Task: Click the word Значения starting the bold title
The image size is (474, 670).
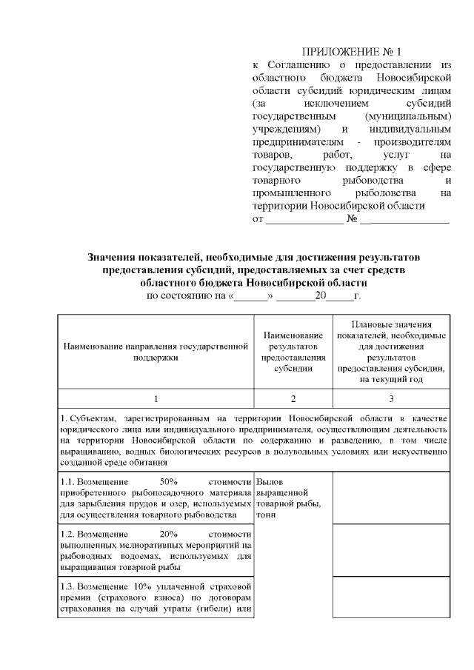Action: point(110,256)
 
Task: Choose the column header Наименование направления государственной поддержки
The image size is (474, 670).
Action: point(154,350)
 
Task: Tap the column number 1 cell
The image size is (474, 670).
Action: point(154,398)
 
